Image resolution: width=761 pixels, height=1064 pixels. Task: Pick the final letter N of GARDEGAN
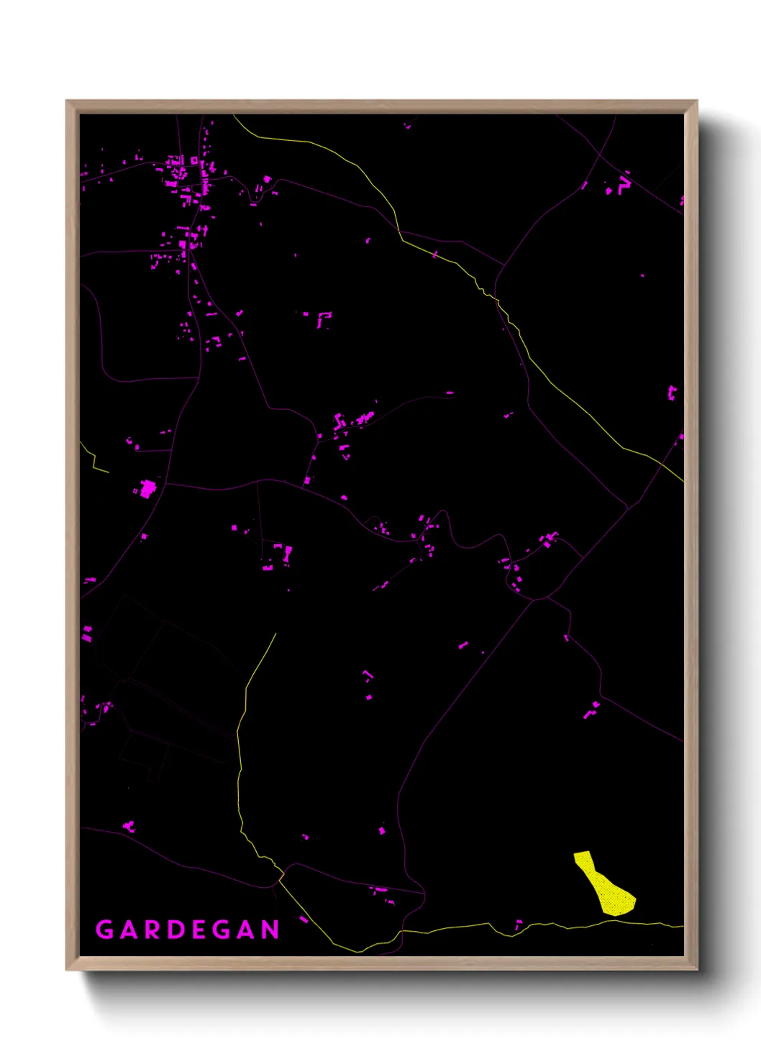click(270, 930)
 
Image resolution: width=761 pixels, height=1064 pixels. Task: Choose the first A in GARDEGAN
click(129, 930)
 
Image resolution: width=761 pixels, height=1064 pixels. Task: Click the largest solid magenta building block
click(148, 489)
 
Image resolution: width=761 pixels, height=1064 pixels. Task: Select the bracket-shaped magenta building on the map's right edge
click(672, 393)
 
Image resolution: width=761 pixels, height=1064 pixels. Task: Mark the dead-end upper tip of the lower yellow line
click(275, 633)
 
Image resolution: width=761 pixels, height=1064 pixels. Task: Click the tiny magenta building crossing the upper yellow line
click(434, 254)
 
